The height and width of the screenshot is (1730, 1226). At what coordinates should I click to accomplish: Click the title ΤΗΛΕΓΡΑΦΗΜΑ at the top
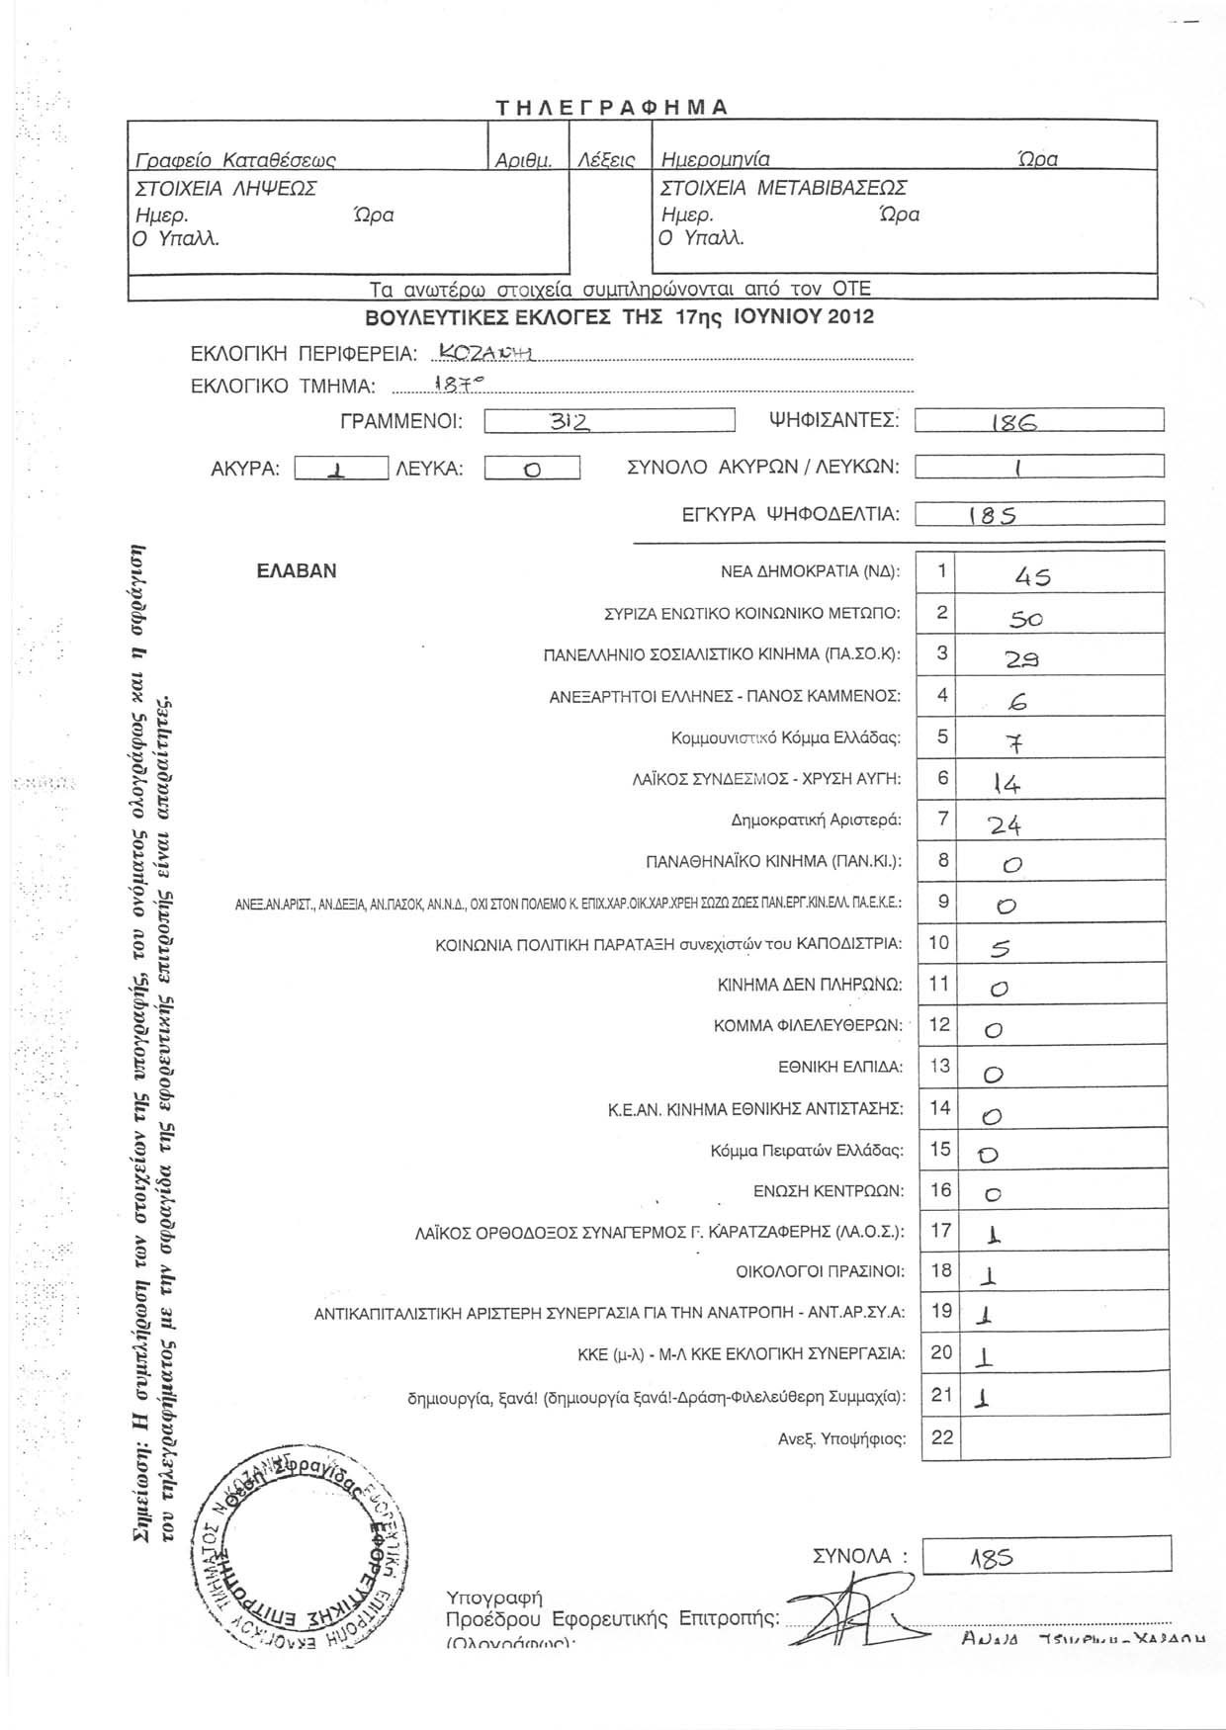(612, 108)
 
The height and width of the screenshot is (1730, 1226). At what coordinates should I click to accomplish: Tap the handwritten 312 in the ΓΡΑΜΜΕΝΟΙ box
(569, 422)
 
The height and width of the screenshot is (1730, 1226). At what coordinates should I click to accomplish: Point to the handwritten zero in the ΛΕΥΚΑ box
(531, 469)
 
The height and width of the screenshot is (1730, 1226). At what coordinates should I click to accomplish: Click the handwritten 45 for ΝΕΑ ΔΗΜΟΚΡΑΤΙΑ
(1032, 577)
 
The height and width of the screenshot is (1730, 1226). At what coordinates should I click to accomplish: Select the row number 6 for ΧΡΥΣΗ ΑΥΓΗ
(942, 778)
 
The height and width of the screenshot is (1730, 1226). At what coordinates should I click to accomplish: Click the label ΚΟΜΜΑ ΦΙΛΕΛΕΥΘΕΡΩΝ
(808, 1026)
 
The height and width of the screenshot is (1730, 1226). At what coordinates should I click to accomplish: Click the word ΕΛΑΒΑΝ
(297, 571)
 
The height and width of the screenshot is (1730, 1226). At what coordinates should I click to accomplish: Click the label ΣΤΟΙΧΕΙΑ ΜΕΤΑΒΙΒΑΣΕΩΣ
(784, 188)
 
